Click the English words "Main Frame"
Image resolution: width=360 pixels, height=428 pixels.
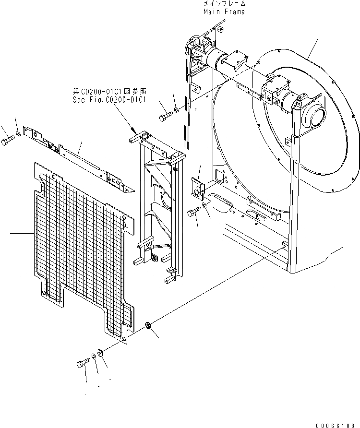(x=224, y=12)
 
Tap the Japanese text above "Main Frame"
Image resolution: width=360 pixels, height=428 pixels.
(x=224, y=4)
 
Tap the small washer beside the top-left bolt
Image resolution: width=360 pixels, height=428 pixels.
(x=18, y=133)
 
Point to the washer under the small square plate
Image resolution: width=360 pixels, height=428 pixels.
(x=205, y=205)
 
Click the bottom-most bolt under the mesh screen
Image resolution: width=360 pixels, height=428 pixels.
(x=82, y=363)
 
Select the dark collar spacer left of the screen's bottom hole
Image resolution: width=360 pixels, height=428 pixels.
(x=100, y=353)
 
